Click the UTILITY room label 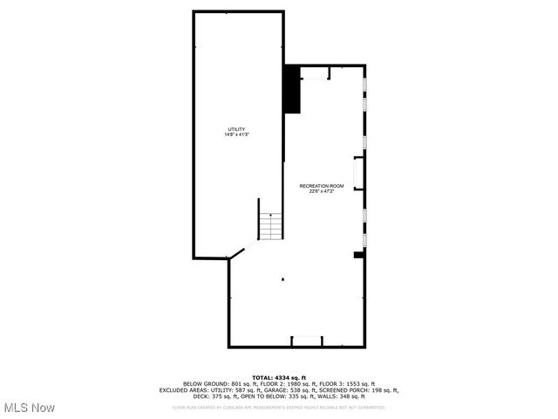click(237, 129)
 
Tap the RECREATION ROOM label click(322, 186)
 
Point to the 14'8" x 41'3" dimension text click(237, 134)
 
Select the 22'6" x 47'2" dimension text click(322, 191)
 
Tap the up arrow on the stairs click(271, 215)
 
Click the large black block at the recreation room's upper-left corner click(292, 89)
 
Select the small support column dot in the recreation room click(282, 279)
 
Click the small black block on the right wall click(357, 255)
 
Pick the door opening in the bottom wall click(305, 341)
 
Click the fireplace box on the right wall click(357, 172)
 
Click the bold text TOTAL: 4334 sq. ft click(279, 377)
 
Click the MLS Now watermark click(29, 408)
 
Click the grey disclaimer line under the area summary click(279, 407)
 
